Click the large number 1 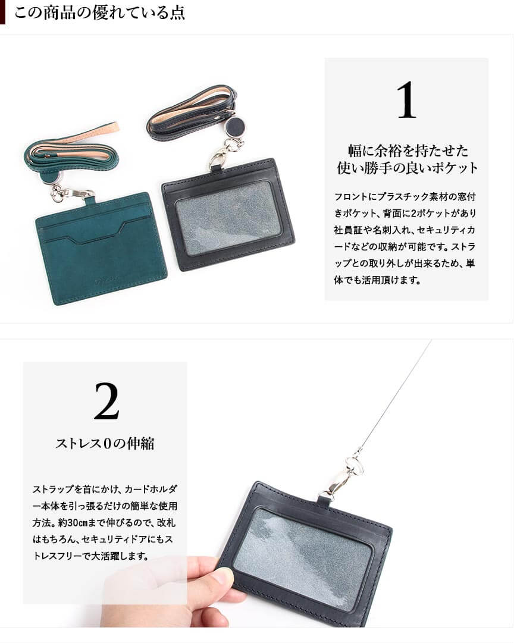click(406, 100)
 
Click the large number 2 click(106, 401)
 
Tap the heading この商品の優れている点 click(99, 12)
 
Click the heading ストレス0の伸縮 click(105, 443)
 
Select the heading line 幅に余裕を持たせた click(408, 150)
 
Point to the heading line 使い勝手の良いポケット click(408, 167)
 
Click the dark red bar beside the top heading click(2, 12)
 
